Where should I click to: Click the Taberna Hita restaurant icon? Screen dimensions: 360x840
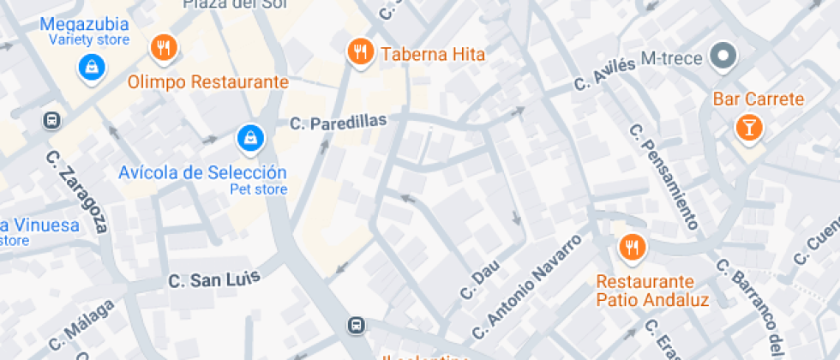pyautogui.click(x=361, y=51)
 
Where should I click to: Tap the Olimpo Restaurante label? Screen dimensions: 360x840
pyautogui.click(x=208, y=82)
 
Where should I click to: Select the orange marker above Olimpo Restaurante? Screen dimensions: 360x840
pyautogui.click(x=163, y=48)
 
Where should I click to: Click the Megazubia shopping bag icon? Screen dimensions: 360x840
pyautogui.click(x=89, y=67)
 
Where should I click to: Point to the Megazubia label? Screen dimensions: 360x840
pyautogui.click(x=85, y=23)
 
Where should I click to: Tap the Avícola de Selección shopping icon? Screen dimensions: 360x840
pyautogui.click(x=249, y=136)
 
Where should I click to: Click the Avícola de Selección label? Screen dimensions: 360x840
pyautogui.click(x=201, y=172)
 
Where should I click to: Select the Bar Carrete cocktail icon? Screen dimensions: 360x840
pyautogui.click(x=748, y=129)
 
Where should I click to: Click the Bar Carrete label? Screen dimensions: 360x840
pyautogui.click(x=759, y=99)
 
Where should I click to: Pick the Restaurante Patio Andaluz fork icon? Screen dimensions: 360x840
pyautogui.click(x=632, y=248)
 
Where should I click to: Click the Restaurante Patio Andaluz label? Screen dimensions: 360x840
pyautogui.click(x=652, y=291)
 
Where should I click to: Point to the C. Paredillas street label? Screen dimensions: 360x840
pyautogui.click(x=339, y=123)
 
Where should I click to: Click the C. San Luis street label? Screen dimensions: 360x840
pyautogui.click(x=213, y=278)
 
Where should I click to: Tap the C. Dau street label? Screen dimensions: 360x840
pyautogui.click(x=480, y=280)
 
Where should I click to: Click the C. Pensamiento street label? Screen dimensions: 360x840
pyautogui.click(x=663, y=177)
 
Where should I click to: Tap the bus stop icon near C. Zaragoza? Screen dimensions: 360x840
pyautogui.click(x=53, y=120)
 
